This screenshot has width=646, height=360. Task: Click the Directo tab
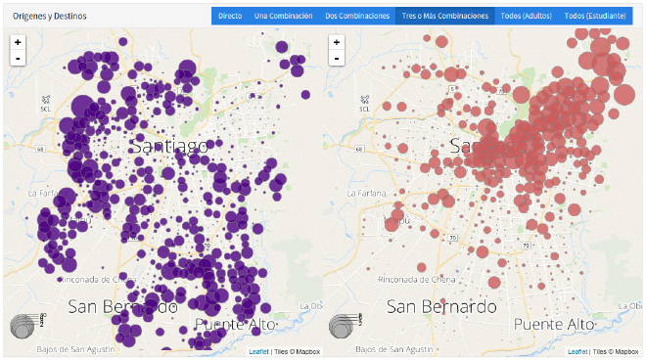[230, 16]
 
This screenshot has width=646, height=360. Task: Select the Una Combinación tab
[283, 16]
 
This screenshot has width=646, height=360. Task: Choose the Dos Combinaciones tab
[356, 16]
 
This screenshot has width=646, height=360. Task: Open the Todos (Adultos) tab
[526, 16]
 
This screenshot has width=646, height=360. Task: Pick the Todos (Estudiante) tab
[595, 16]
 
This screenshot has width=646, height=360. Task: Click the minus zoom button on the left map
[18, 59]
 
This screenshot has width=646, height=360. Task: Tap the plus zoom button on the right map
[337, 42]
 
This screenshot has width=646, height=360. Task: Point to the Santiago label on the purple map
[168, 146]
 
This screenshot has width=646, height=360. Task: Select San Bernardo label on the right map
[441, 305]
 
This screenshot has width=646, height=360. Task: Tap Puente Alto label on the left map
[235, 324]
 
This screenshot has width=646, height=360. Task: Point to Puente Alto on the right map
[554, 324]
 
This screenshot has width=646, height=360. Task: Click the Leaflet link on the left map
[258, 351]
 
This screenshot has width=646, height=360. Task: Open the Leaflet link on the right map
[577, 351]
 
